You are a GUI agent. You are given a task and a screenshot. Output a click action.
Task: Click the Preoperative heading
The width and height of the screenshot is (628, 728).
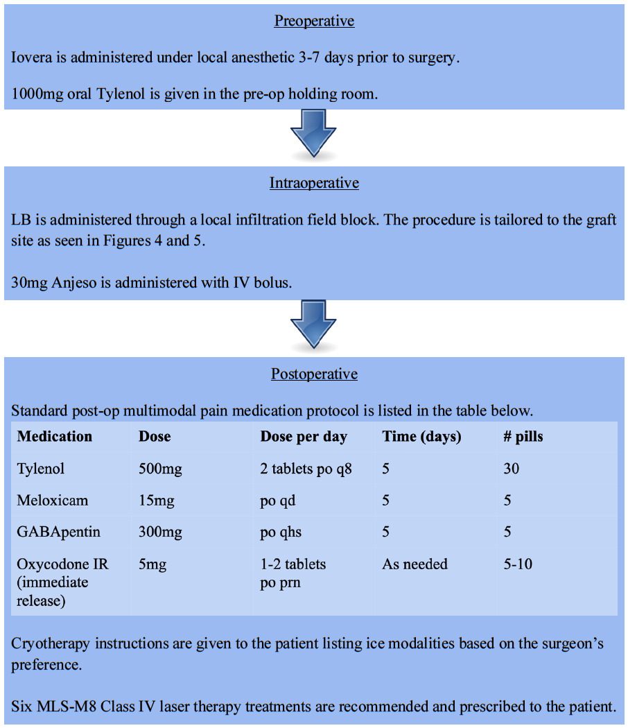point(314,21)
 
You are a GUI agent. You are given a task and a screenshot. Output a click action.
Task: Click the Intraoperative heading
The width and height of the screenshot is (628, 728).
point(314,184)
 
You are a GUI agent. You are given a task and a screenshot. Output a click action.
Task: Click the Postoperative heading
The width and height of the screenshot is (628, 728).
point(314,374)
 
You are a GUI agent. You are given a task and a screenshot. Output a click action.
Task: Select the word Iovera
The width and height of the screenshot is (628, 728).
point(32,58)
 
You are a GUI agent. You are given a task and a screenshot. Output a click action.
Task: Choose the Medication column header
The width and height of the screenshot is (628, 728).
point(55,437)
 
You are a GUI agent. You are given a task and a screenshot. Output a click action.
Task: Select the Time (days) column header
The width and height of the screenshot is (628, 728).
point(421,437)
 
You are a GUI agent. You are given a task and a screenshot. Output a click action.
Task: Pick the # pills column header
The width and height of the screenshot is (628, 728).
point(523,437)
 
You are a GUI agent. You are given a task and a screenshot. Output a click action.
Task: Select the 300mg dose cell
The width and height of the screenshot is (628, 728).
point(160,532)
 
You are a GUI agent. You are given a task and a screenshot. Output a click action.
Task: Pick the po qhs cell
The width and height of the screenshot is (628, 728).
point(281,532)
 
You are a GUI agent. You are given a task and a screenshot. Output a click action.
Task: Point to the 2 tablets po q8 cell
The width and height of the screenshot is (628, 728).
point(306,469)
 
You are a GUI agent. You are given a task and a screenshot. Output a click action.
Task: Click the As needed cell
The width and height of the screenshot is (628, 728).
point(415,564)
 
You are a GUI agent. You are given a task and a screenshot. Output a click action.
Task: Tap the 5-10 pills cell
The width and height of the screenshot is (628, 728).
point(518,564)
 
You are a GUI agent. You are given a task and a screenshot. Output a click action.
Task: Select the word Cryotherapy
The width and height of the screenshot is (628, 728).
point(50,643)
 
